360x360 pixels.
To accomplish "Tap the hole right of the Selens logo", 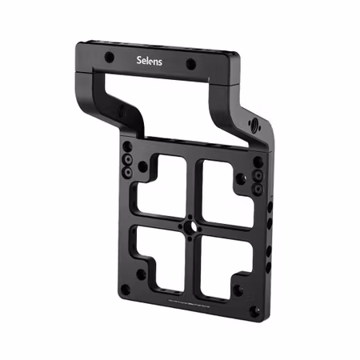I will [x=191, y=65].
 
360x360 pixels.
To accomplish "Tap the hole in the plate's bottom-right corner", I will [x=254, y=311].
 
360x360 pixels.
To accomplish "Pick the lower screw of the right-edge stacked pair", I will [x=258, y=189].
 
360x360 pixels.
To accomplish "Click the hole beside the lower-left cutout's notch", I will [x=140, y=274].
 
